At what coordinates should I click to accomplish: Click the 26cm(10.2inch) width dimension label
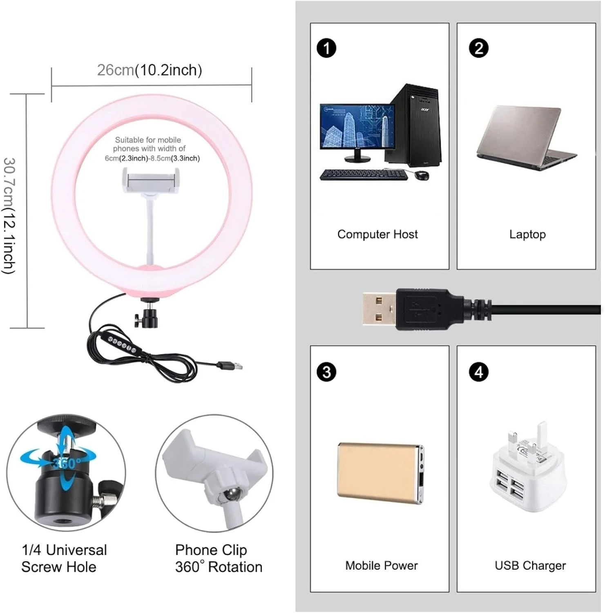click(x=150, y=70)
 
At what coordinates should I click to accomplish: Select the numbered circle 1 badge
click(x=326, y=48)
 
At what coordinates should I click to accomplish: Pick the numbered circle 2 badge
click(x=479, y=48)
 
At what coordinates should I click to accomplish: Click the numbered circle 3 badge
click(x=326, y=372)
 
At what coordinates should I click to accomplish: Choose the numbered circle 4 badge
click(x=479, y=372)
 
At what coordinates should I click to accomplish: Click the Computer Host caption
click(x=377, y=234)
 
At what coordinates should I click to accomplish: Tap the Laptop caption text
click(x=527, y=235)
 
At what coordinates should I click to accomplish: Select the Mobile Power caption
click(x=382, y=566)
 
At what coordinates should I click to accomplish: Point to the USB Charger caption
click(x=530, y=566)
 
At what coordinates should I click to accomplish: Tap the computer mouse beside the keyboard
click(x=422, y=175)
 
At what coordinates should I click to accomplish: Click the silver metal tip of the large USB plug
click(x=380, y=309)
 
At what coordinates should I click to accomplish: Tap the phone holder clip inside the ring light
click(x=151, y=181)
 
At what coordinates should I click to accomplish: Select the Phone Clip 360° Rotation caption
click(x=219, y=559)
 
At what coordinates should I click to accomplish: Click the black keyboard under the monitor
click(x=364, y=175)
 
